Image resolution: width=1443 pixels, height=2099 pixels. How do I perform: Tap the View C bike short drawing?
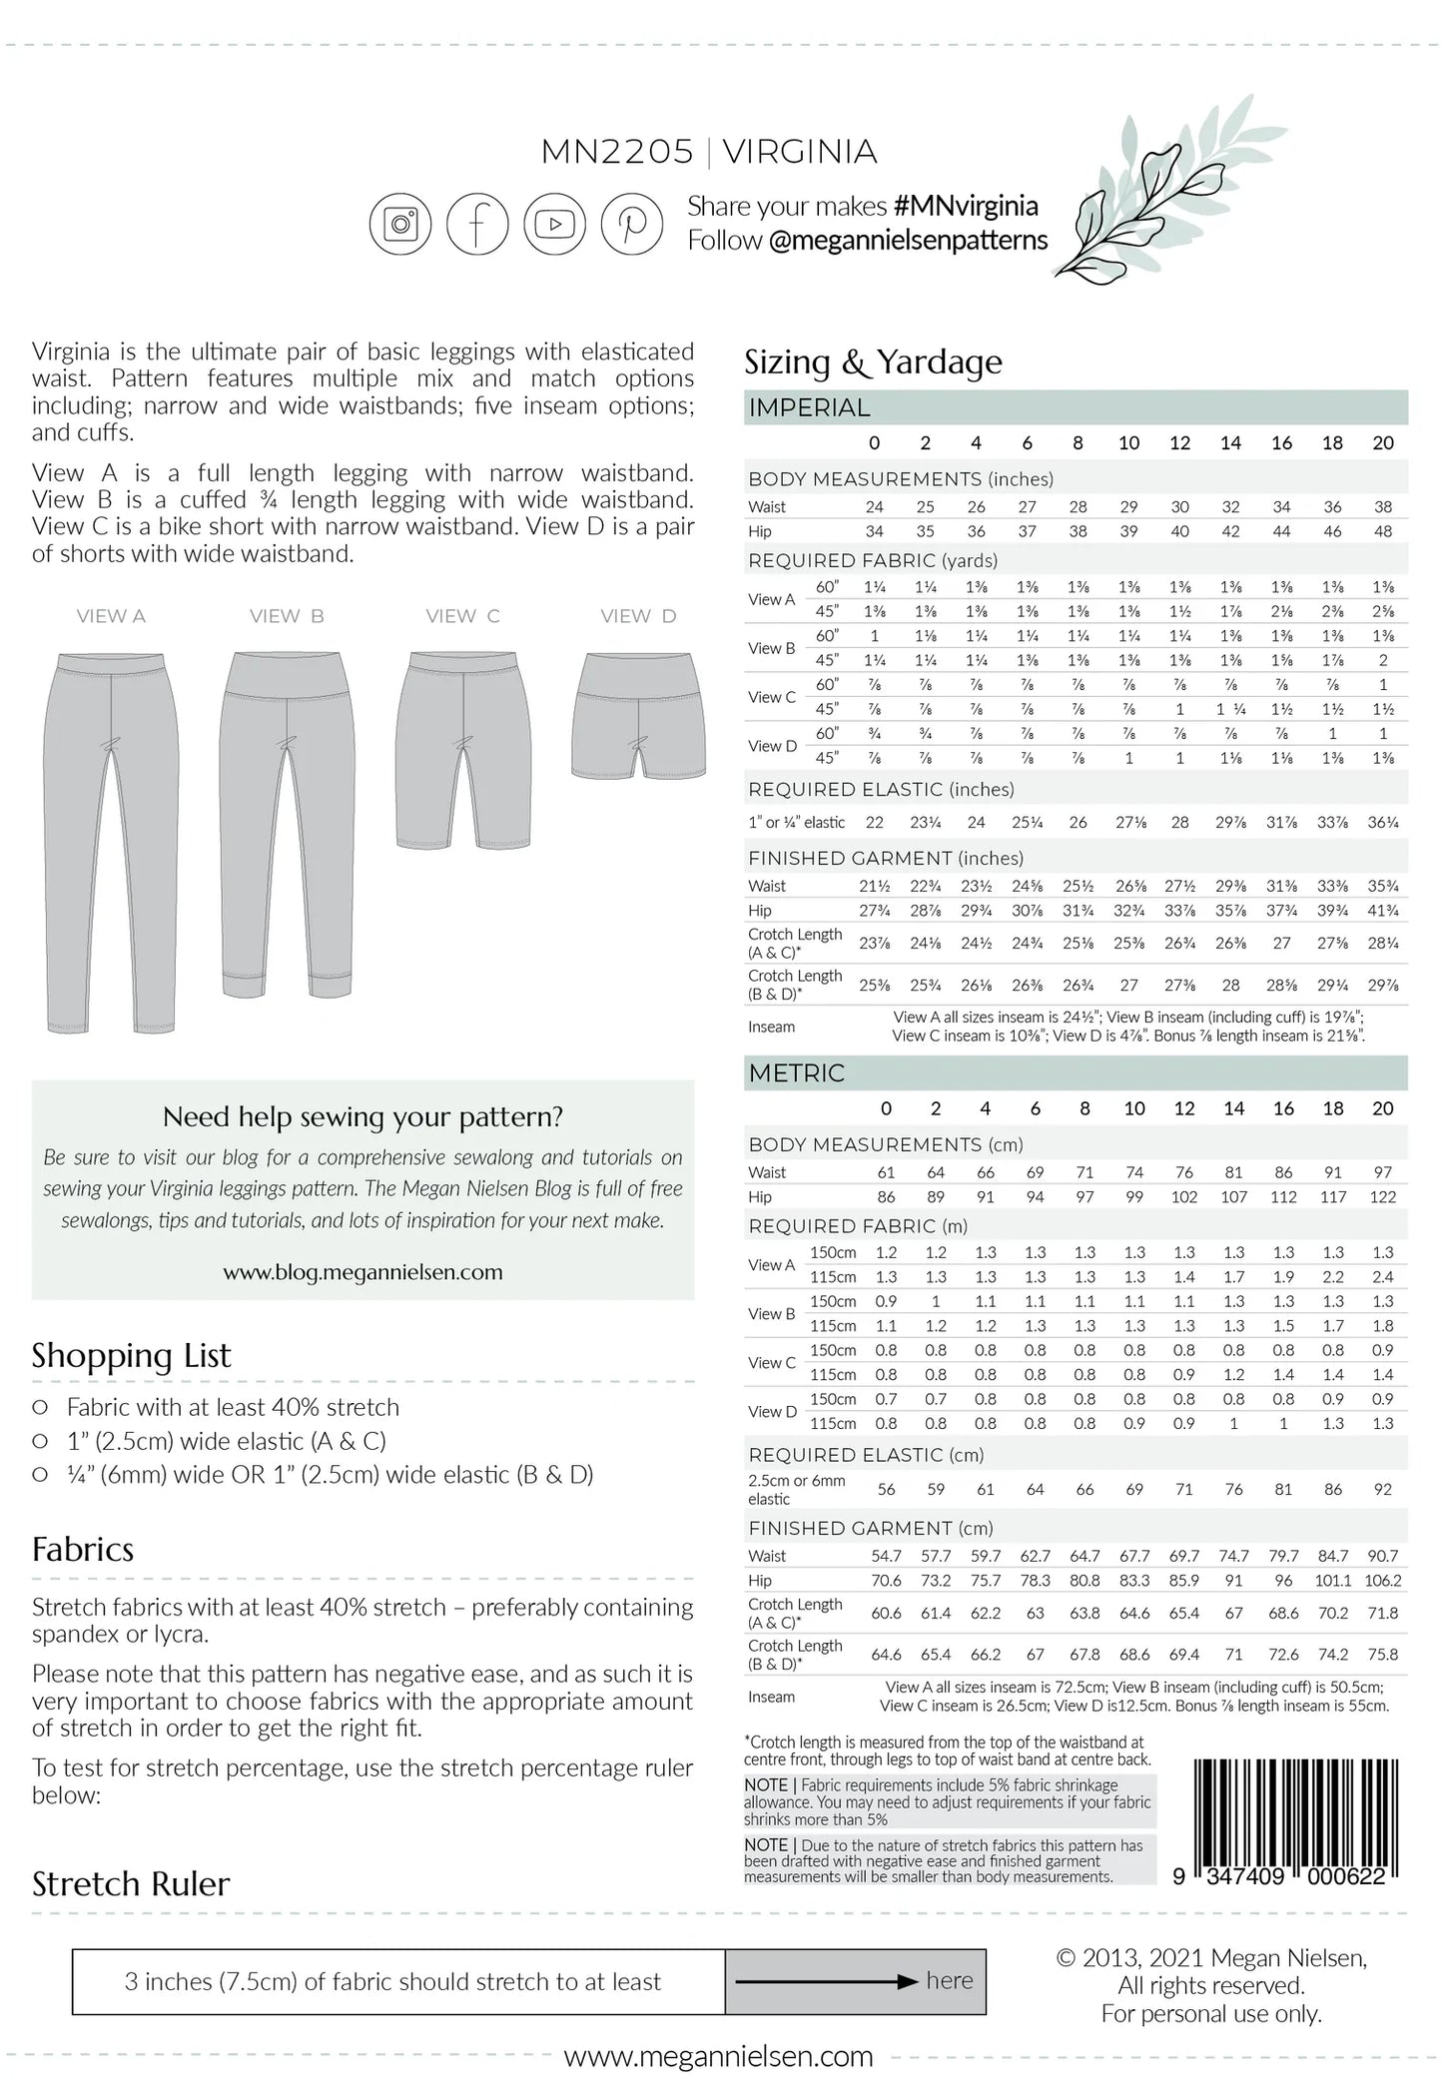[463, 749]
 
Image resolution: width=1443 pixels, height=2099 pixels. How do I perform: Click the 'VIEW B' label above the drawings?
[287, 616]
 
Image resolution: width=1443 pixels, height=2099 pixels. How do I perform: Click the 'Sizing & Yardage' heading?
[873, 361]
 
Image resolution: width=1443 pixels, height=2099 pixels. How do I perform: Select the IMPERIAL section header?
[809, 407]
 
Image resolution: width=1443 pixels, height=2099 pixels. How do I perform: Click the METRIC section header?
[796, 1072]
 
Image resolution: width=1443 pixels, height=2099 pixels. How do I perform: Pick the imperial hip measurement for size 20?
[1382, 531]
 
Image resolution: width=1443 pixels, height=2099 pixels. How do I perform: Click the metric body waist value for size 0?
[886, 1172]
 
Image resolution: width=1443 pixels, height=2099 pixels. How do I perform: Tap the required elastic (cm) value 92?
[1382, 1489]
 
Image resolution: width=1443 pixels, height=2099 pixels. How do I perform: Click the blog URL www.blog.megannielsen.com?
[362, 1272]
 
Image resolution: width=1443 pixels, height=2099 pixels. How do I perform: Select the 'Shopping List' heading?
[131, 1355]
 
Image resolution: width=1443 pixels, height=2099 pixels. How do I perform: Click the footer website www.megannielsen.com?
[718, 2056]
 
